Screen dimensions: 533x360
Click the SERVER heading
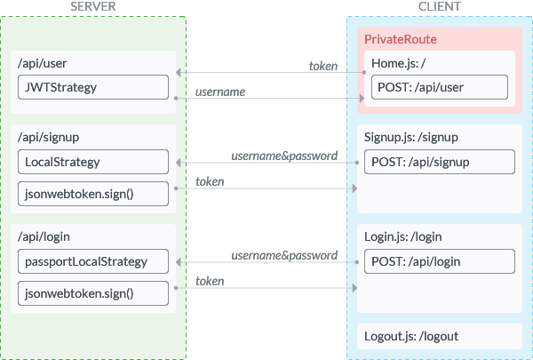[x=92, y=6]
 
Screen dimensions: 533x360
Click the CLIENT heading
[x=439, y=6]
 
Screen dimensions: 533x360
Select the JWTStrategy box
[x=93, y=87]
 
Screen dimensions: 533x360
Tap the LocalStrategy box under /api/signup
[x=93, y=162]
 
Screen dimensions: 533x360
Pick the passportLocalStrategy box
[x=93, y=261]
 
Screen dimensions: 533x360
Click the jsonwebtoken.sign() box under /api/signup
[x=93, y=194]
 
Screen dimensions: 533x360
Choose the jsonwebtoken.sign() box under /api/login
[x=93, y=293]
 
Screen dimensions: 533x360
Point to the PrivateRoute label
[x=401, y=39]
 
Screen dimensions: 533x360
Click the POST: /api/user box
[x=440, y=87]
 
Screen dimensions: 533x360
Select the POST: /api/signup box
[x=440, y=162]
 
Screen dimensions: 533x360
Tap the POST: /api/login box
[x=440, y=261]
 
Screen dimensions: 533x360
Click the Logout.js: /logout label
[x=411, y=336]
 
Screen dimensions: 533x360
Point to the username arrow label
[x=220, y=92]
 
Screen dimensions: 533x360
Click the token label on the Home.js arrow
[x=323, y=66]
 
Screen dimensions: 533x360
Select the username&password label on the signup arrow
[x=284, y=156]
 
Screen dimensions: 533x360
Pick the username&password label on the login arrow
[x=284, y=255]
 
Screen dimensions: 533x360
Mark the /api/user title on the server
[x=42, y=63]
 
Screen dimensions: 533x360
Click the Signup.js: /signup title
[x=411, y=137]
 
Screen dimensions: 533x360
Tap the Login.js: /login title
[x=403, y=236]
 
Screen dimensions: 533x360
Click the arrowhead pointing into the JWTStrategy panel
[x=179, y=72]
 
